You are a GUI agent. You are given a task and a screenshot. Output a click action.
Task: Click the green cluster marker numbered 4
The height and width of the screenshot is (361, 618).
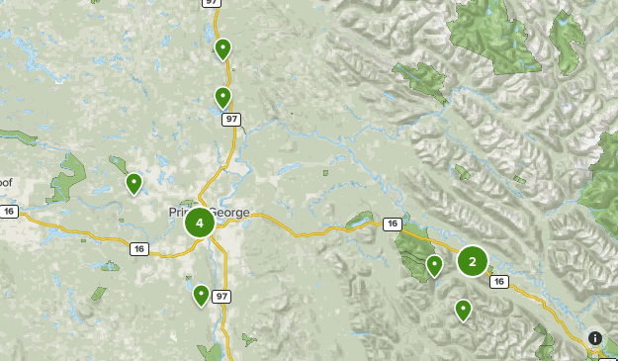200,223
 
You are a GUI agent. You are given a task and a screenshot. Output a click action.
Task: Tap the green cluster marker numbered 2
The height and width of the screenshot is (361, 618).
473,261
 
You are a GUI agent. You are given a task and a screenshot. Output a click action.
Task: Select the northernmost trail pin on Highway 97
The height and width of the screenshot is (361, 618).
223,47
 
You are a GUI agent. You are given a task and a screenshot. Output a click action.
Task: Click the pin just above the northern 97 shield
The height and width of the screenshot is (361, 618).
223,96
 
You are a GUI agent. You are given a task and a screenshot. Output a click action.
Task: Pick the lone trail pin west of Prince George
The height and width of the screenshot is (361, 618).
133,183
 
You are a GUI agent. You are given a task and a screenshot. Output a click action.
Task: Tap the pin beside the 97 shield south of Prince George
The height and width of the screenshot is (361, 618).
201,294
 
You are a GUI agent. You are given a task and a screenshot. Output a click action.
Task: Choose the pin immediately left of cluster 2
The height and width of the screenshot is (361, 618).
434,265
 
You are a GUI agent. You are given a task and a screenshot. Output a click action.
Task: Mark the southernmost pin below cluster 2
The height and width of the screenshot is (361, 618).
463,310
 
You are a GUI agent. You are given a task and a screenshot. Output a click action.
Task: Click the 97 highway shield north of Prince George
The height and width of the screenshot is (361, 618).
231,119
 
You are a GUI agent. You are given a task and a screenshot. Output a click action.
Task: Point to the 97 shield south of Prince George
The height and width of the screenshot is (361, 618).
221,297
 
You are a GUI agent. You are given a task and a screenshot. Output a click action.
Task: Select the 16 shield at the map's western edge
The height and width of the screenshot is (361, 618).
10,211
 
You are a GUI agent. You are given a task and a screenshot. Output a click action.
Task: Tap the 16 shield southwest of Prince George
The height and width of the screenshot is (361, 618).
139,249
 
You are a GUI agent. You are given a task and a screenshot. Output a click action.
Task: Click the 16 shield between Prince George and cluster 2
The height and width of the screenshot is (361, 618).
393,224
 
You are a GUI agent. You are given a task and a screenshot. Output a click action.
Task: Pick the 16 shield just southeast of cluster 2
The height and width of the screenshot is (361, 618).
498,282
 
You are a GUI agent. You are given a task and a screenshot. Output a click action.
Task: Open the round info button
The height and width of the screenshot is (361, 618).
595,337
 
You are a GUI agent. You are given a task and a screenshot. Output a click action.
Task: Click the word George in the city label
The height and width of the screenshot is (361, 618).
233,212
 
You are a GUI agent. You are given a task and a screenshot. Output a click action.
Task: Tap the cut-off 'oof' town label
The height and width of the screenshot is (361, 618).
6,182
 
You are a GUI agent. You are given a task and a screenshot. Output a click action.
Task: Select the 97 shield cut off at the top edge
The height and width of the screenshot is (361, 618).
213,3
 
